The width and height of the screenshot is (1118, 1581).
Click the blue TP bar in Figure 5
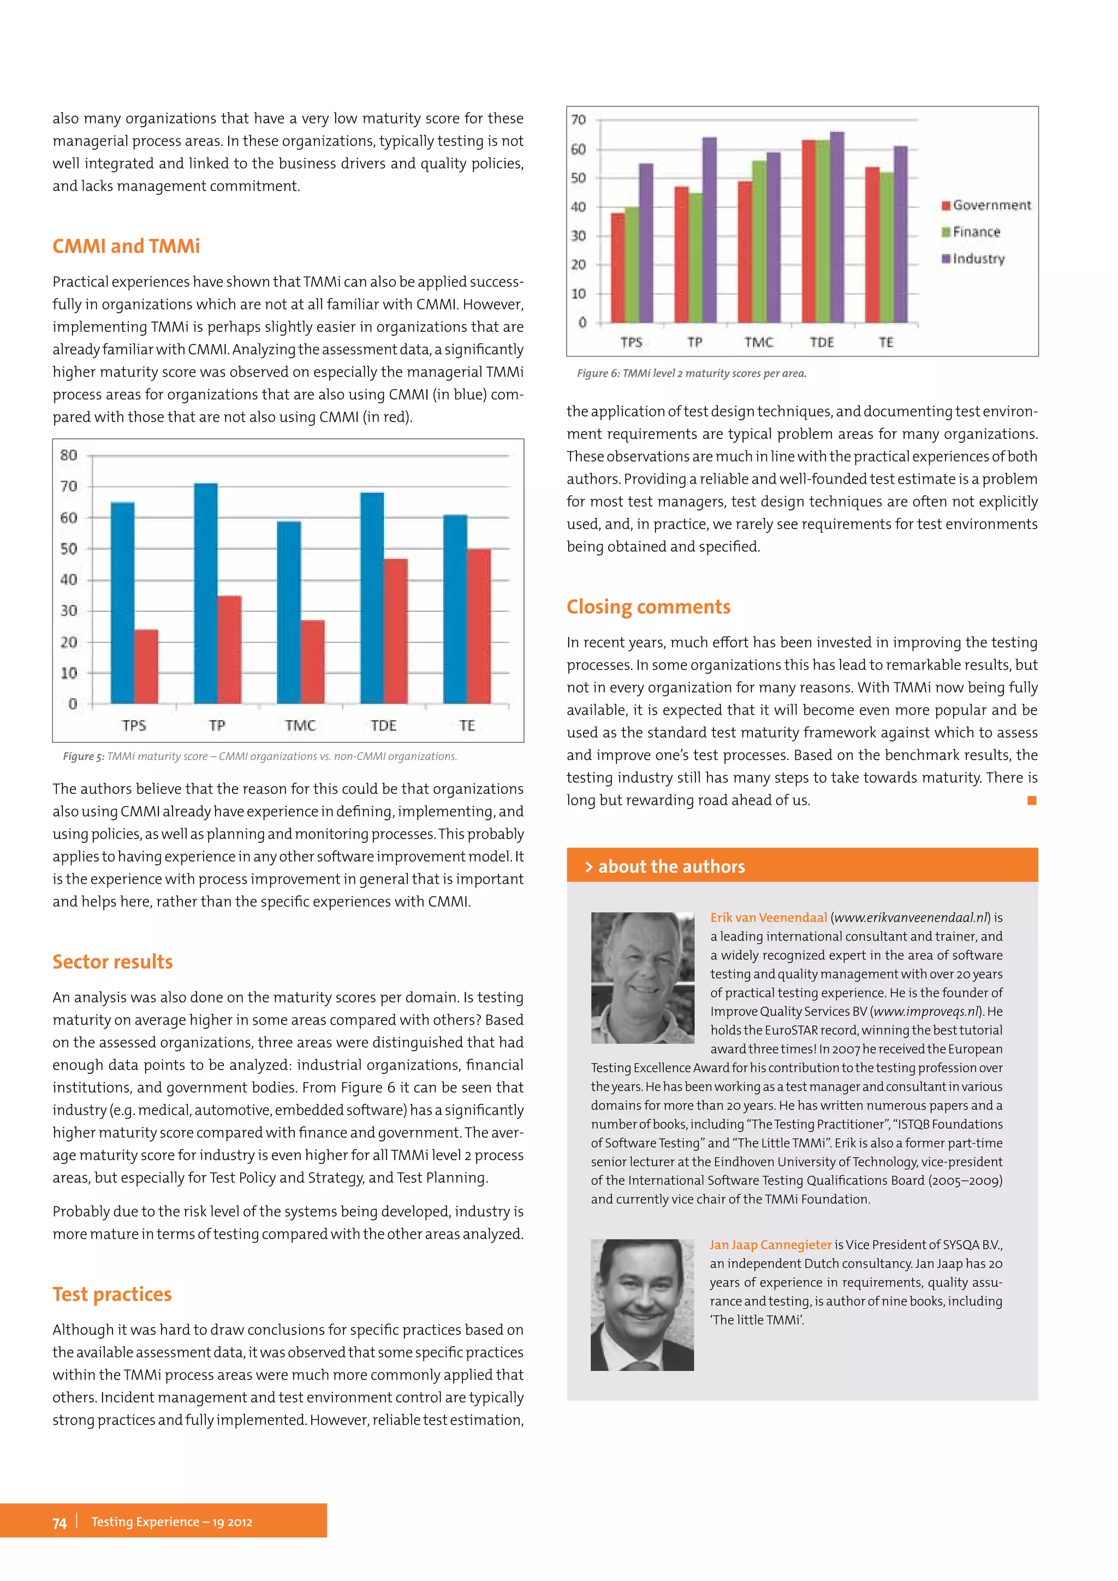(206, 592)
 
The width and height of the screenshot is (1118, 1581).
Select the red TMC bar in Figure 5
(313, 661)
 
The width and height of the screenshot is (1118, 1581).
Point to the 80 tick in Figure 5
(69, 455)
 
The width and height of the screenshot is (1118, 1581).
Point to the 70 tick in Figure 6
(578, 120)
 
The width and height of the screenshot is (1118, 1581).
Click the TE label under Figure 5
(467, 725)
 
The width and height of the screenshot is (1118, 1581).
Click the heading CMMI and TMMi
(126, 247)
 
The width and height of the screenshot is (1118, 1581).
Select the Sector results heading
(113, 962)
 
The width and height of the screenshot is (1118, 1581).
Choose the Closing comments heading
(648, 607)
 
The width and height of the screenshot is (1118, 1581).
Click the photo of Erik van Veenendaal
(643, 977)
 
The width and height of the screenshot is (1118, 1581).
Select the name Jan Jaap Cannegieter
(770, 1245)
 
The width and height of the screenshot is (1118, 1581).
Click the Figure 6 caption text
(691, 373)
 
